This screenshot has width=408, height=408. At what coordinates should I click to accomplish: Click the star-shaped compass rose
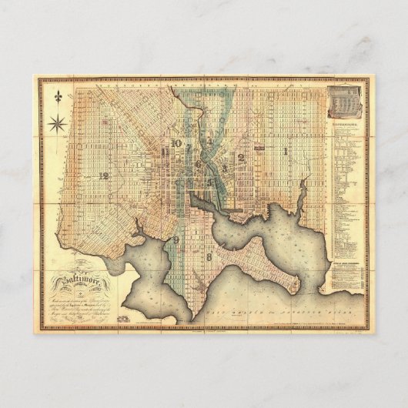click(x=56, y=122)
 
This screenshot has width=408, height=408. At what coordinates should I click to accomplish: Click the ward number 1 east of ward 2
click(x=285, y=151)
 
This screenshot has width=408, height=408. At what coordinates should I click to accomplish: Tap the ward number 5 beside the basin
click(x=209, y=182)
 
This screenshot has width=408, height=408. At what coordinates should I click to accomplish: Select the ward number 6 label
click(x=198, y=163)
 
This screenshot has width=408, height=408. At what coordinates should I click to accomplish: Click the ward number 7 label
click(x=189, y=145)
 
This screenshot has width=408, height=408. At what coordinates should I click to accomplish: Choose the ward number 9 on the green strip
click(x=176, y=241)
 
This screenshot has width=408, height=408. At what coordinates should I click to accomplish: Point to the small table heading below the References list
click(x=344, y=263)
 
